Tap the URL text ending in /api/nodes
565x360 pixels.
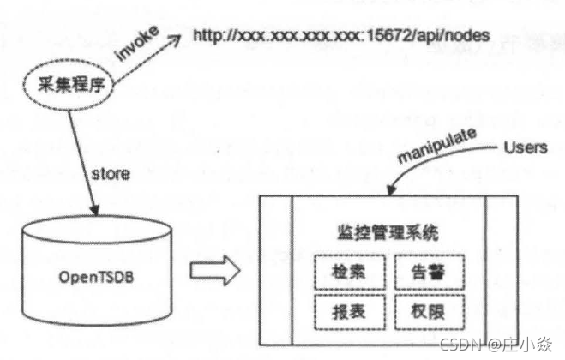click(340, 36)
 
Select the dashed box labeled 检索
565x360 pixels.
click(347, 273)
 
